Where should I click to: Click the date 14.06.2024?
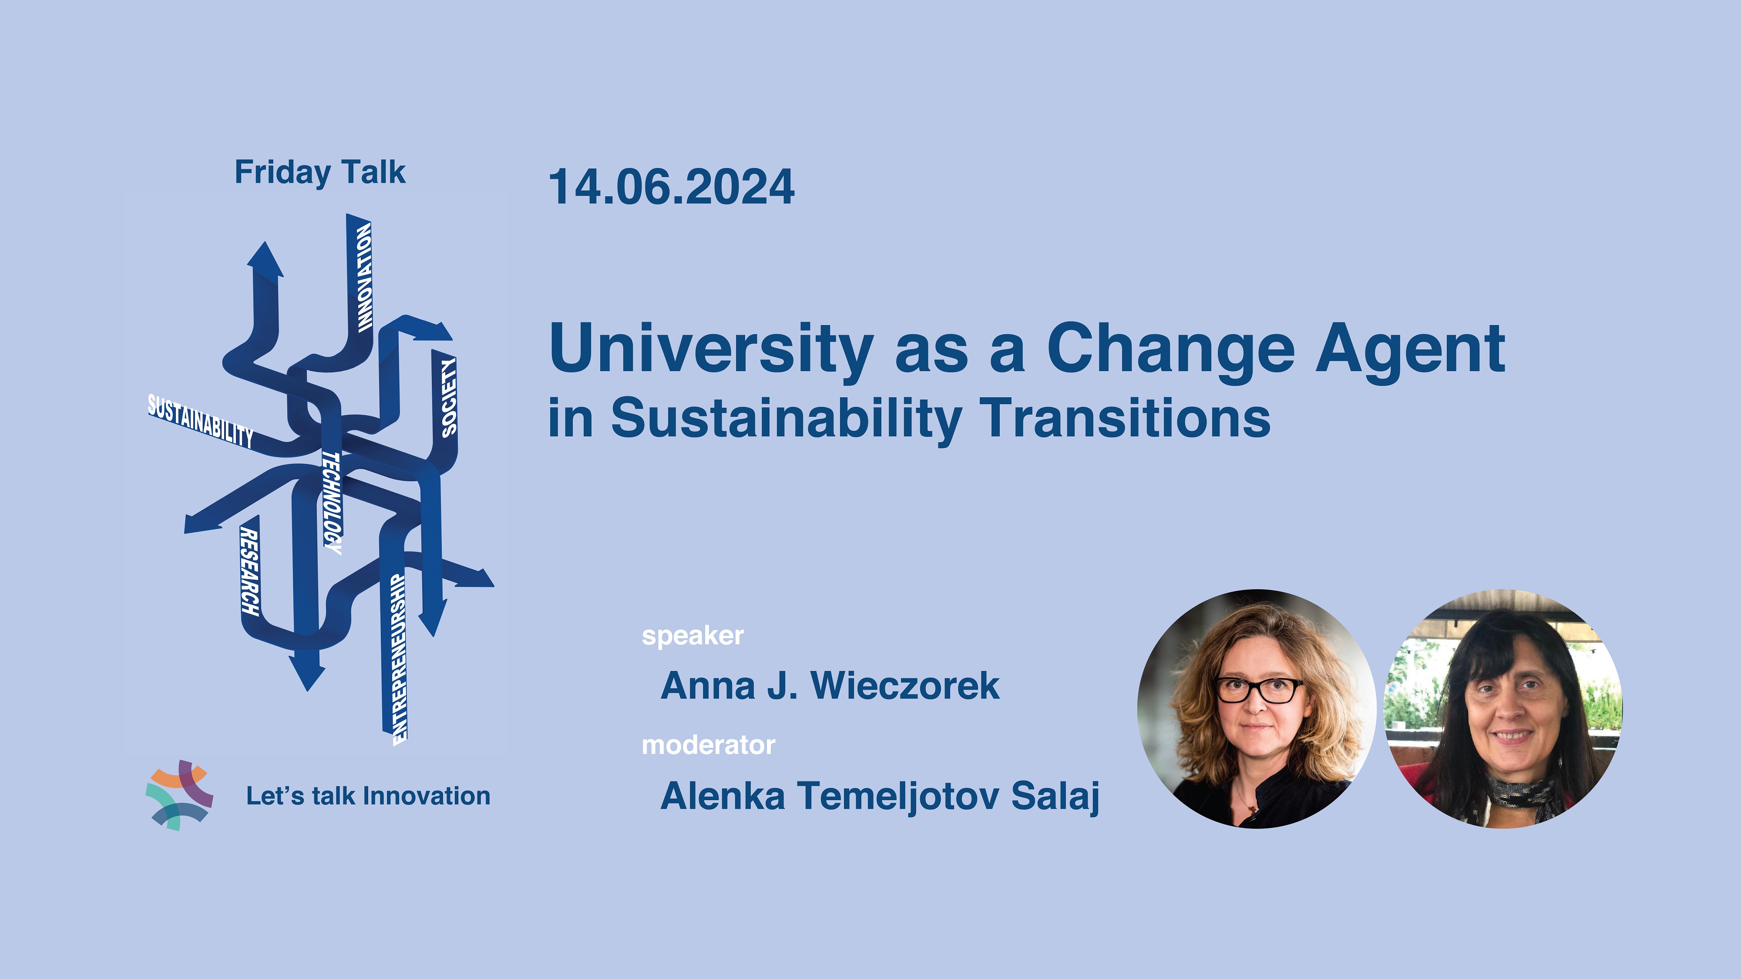(671, 187)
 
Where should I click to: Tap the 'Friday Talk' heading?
(319, 172)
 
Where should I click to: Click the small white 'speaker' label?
(693, 636)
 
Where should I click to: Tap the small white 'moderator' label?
(708, 744)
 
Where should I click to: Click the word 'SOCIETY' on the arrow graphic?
(449, 397)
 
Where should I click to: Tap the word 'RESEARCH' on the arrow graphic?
(249, 572)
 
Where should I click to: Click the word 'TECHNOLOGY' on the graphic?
(332, 503)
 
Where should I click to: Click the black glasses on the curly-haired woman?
(1259, 690)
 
